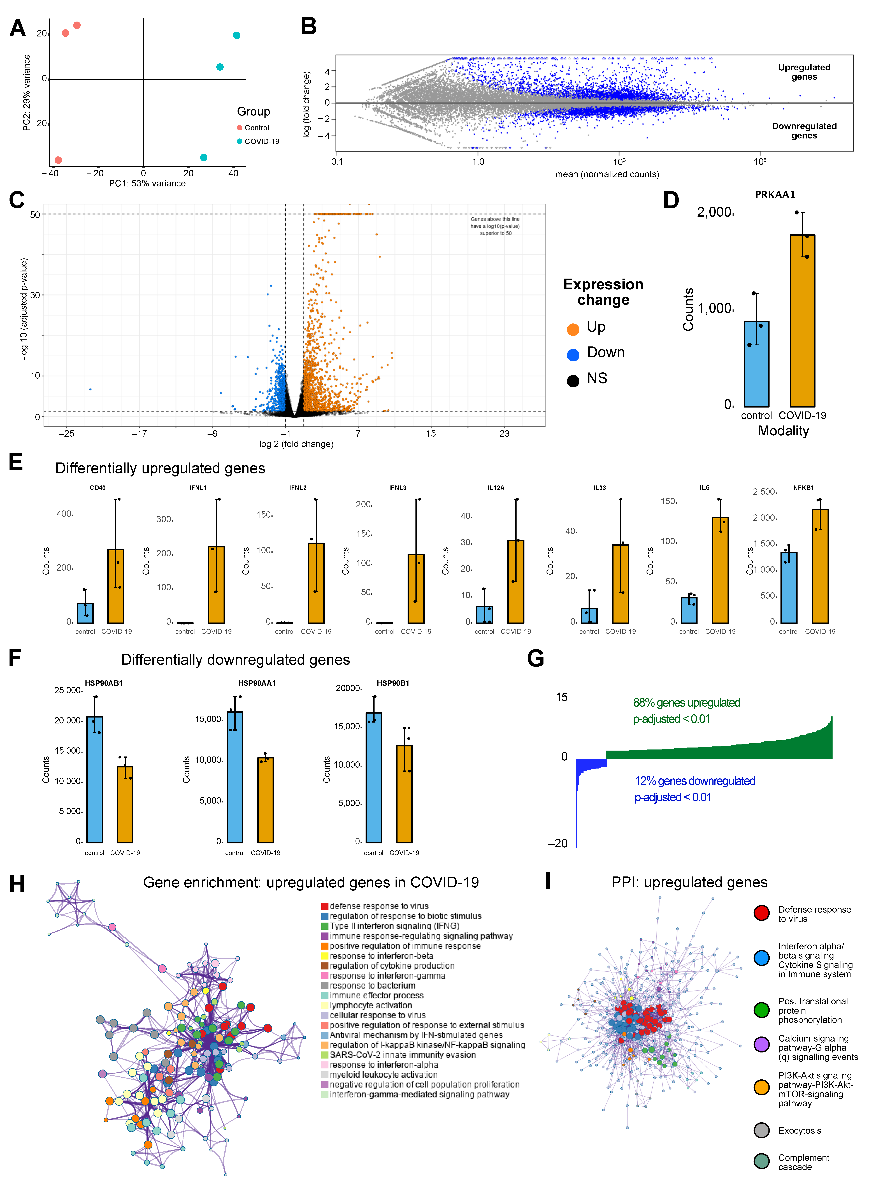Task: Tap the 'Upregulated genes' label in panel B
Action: click(x=804, y=72)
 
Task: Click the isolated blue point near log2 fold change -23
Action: click(x=90, y=389)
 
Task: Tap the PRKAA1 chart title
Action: click(x=775, y=195)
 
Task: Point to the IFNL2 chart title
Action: click(x=298, y=488)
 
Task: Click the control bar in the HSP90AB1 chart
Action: click(x=95, y=779)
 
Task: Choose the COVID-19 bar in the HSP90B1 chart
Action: click(x=404, y=793)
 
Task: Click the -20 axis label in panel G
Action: click(x=558, y=843)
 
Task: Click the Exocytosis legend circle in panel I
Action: click(x=761, y=1130)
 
